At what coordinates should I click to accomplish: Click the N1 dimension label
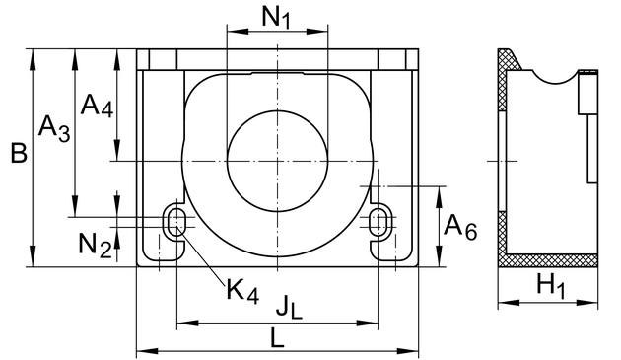(276, 18)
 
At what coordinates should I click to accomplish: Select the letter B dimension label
(19, 153)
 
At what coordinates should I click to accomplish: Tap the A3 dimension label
(54, 128)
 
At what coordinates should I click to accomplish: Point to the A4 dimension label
(97, 106)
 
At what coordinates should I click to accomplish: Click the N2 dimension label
(95, 245)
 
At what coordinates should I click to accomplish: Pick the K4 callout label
(242, 291)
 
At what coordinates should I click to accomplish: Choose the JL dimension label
(289, 306)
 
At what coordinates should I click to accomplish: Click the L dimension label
(278, 337)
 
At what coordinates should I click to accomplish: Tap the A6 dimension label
(460, 227)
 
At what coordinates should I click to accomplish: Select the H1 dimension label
(551, 284)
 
